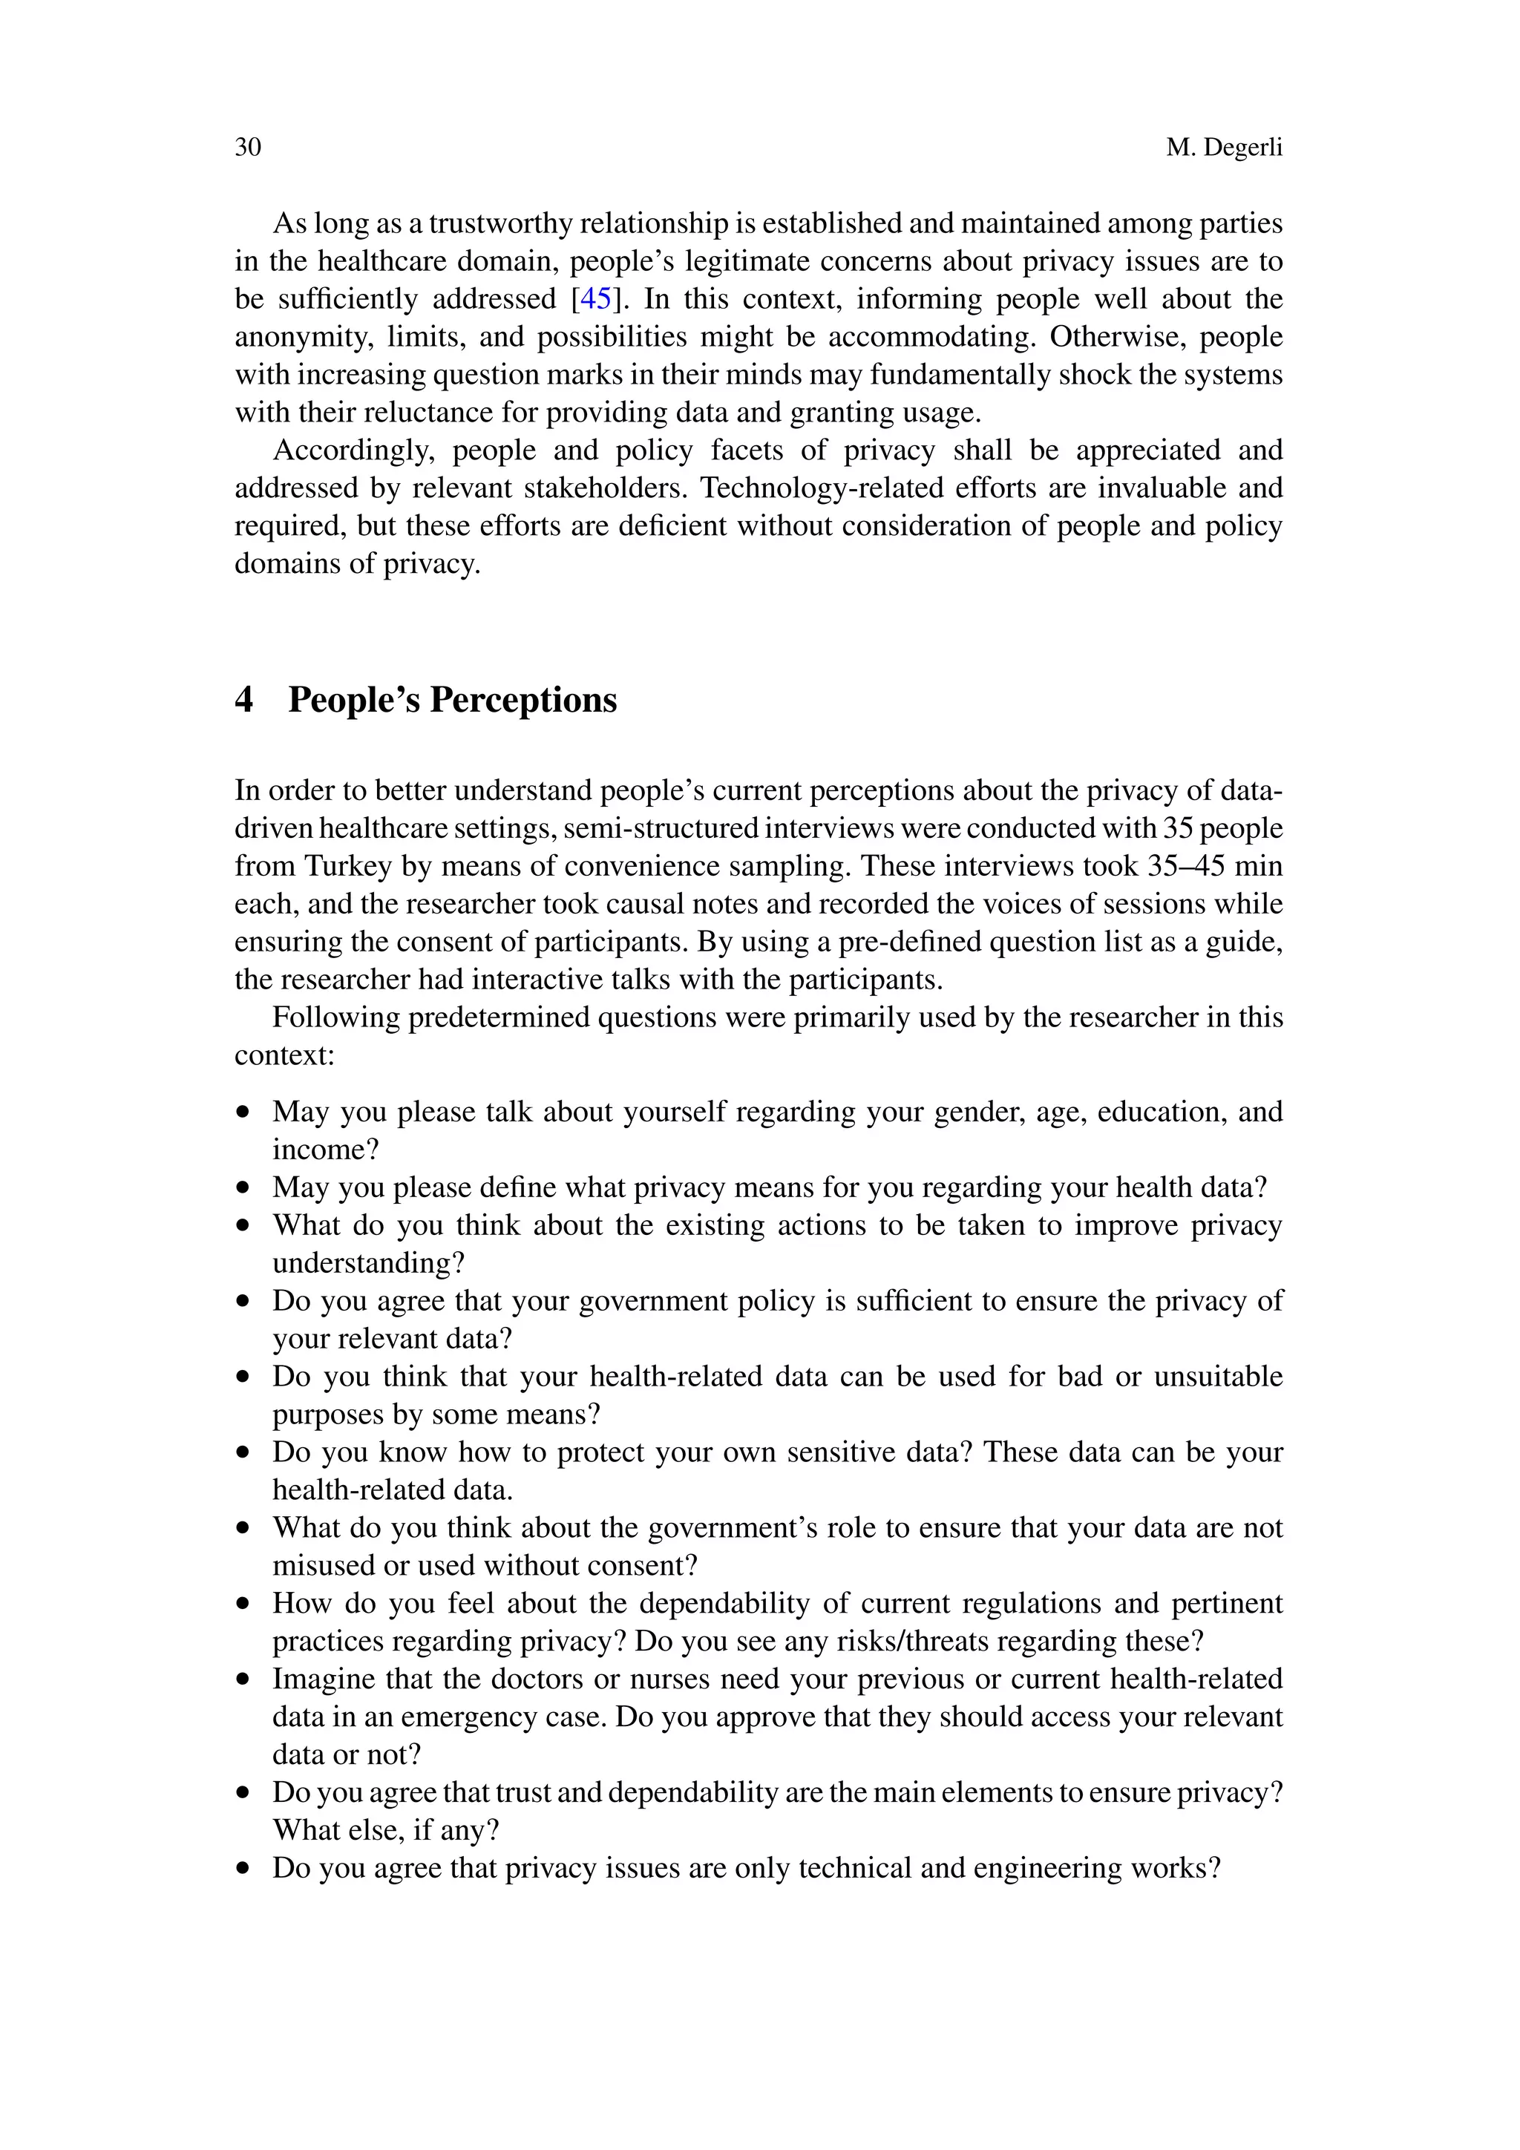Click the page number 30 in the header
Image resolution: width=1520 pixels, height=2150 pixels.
tap(247, 147)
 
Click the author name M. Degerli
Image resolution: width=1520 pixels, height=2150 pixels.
tap(1223, 147)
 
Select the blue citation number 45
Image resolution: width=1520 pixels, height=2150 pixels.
tap(596, 299)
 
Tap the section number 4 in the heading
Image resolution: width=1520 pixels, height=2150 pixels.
tap(243, 700)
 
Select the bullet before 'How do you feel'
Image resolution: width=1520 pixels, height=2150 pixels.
tap(243, 1604)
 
